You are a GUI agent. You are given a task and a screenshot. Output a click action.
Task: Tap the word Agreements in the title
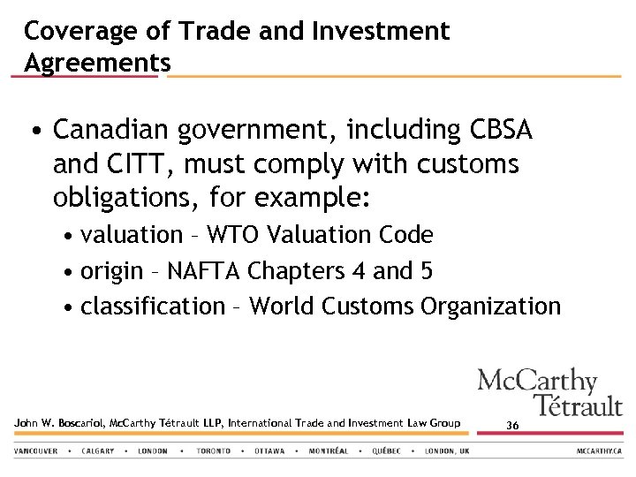[x=97, y=64]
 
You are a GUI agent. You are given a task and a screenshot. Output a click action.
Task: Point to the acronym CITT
[x=134, y=164]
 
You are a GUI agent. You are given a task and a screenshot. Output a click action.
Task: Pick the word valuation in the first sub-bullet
[x=131, y=235]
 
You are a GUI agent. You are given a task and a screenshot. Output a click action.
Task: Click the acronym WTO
[x=235, y=235]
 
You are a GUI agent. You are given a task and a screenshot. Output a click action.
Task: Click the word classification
[x=153, y=307]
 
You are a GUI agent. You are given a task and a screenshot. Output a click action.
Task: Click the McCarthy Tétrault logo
[x=549, y=392]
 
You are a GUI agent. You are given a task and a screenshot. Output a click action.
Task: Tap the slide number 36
[x=512, y=425]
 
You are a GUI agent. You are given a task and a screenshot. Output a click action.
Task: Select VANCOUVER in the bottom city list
[x=35, y=450]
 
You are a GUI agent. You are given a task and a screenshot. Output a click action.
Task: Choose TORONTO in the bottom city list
[x=213, y=450]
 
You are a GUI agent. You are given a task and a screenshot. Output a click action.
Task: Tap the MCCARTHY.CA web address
[x=600, y=450]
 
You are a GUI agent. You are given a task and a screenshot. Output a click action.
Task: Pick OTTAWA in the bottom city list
[x=269, y=450]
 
